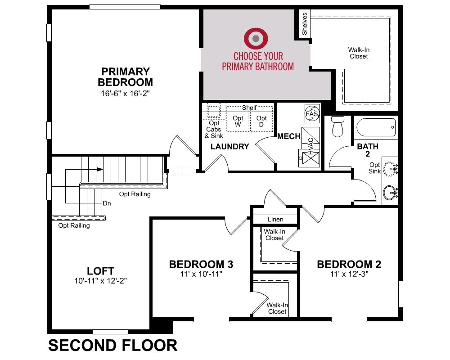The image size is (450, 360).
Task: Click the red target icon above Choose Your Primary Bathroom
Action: tap(256, 38)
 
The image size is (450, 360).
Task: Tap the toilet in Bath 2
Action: tap(337, 126)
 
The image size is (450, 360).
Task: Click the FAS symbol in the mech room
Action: tap(312, 114)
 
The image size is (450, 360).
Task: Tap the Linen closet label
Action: tap(275, 219)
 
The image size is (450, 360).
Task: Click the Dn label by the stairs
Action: tap(107, 203)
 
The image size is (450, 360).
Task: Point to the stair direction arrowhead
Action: tap(99, 169)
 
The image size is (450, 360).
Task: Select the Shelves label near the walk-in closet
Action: tap(305, 23)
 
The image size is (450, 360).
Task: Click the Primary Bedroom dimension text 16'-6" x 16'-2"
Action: tap(126, 93)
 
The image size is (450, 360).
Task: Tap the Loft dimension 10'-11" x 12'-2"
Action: tap(100, 280)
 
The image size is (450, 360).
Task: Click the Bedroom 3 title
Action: tap(201, 264)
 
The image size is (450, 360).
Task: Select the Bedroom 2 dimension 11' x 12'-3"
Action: tap(349, 274)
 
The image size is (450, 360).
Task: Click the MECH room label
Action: tap(289, 136)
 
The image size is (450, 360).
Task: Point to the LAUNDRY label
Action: tap(230, 146)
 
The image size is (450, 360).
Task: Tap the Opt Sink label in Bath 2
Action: tap(374, 168)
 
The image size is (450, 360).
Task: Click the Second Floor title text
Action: tap(113, 345)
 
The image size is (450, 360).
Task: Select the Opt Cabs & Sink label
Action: tap(214, 130)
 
